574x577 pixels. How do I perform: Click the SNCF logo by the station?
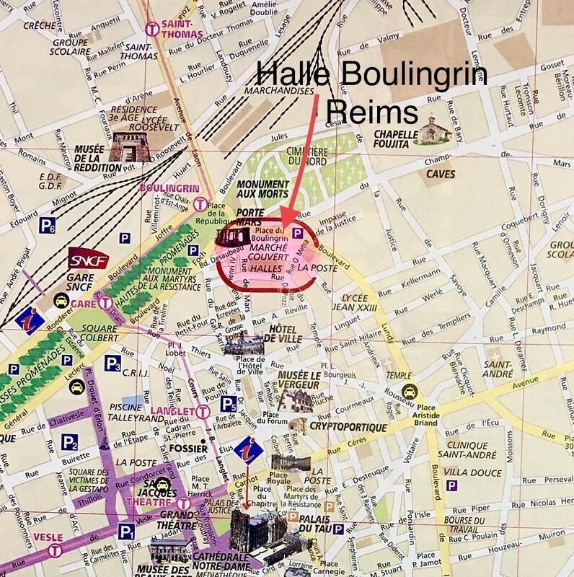(x=81, y=258)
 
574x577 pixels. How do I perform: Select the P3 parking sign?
(x=112, y=363)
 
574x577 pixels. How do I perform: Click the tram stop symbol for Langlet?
(x=204, y=412)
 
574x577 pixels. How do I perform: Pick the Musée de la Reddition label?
(x=71, y=153)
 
